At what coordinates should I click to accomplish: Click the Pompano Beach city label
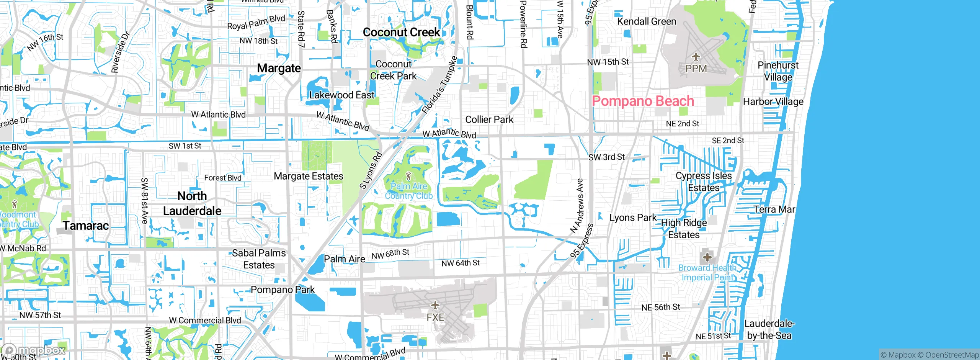point(643,101)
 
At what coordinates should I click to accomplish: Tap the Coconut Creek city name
point(401,33)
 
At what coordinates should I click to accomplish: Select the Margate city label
point(279,68)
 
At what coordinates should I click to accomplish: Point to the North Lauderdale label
point(192,203)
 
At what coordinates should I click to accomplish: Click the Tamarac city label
point(86,226)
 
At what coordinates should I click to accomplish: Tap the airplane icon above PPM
point(696,57)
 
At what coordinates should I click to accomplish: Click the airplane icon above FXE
point(435,305)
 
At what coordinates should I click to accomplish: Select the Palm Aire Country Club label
point(408,191)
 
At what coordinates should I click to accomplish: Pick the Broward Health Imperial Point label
point(707,272)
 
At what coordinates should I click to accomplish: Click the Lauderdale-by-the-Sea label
point(769,329)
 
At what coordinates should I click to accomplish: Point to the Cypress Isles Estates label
point(704,182)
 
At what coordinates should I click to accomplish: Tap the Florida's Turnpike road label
point(439,85)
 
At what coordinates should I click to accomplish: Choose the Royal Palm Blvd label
point(256,23)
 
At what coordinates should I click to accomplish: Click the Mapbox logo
point(34,350)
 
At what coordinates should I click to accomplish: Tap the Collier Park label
point(489,119)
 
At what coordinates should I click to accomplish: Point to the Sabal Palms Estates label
point(259,259)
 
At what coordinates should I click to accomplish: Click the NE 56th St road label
point(660,307)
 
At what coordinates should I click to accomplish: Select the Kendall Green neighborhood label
point(646,21)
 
